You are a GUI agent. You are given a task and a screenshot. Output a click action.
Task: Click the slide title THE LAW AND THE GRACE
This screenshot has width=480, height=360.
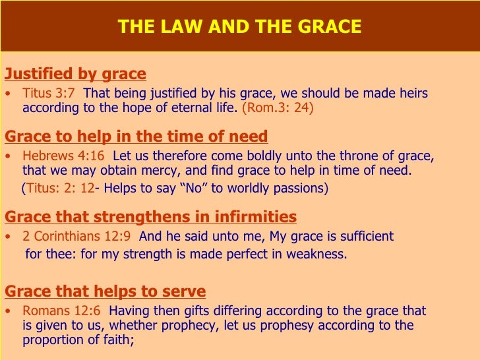click(239, 27)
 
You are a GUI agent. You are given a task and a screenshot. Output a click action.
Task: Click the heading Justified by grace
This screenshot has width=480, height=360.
click(75, 73)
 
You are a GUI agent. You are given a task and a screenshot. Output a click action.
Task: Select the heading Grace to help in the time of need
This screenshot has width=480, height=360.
click(136, 136)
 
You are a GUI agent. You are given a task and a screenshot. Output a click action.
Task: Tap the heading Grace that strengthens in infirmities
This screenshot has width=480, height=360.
click(150, 217)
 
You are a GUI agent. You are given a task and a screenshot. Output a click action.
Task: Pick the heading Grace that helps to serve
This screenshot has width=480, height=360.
click(105, 291)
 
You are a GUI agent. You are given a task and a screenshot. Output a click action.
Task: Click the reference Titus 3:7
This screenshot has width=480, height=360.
click(49, 93)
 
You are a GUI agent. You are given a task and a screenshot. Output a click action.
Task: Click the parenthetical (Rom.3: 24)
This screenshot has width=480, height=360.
click(278, 107)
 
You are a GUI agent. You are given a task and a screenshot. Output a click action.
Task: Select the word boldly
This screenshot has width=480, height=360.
click(257, 156)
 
